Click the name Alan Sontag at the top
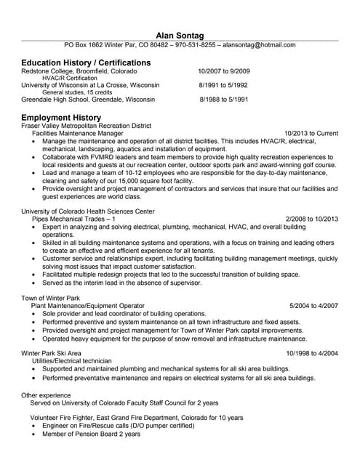[x=180, y=35]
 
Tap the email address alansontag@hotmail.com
[x=259, y=45]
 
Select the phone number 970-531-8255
[x=196, y=45]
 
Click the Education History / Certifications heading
[x=86, y=62]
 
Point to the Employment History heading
[x=61, y=117]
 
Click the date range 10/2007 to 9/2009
[x=223, y=72]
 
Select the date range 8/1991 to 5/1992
[x=223, y=85]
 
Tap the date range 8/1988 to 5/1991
[x=223, y=99]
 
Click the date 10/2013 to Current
[x=311, y=134]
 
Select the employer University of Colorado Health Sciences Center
[x=88, y=211]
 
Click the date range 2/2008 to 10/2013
[x=312, y=219]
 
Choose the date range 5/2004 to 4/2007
[x=313, y=306]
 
